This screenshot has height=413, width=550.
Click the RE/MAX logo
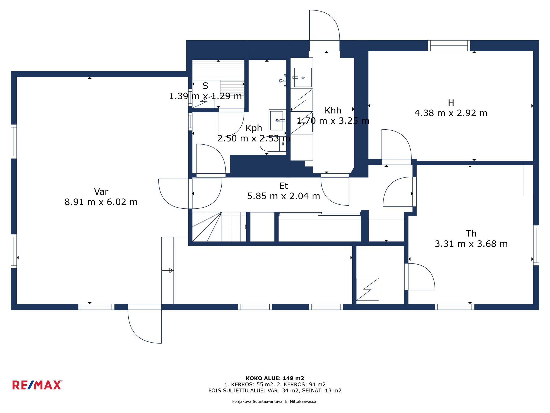click(37, 385)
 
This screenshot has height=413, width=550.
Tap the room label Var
click(101, 192)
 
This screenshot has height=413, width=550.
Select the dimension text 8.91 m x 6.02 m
click(101, 202)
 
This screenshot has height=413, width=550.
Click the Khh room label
click(333, 111)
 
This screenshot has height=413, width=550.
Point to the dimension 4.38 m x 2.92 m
click(451, 113)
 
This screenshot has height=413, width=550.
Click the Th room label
click(471, 233)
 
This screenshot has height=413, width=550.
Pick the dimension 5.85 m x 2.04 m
click(284, 196)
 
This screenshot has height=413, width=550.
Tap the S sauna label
click(205, 86)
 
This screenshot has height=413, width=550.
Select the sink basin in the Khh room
click(303, 77)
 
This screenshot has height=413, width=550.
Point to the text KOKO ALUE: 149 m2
click(275, 378)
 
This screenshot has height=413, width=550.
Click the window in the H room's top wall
click(449, 46)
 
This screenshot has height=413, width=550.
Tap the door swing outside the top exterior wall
click(324, 25)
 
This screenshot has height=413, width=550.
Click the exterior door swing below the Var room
click(144, 326)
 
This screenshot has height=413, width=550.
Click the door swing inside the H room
click(396, 144)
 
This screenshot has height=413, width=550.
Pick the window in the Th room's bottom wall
click(454, 307)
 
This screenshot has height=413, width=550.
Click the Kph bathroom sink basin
click(277, 121)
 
